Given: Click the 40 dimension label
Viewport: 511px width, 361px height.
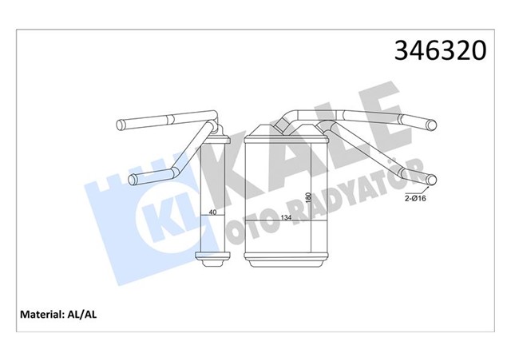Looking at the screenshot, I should pyautogui.click(x=212, y=212).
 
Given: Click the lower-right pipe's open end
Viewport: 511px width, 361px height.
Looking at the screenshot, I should pyautogui.click(x=434, y=178).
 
